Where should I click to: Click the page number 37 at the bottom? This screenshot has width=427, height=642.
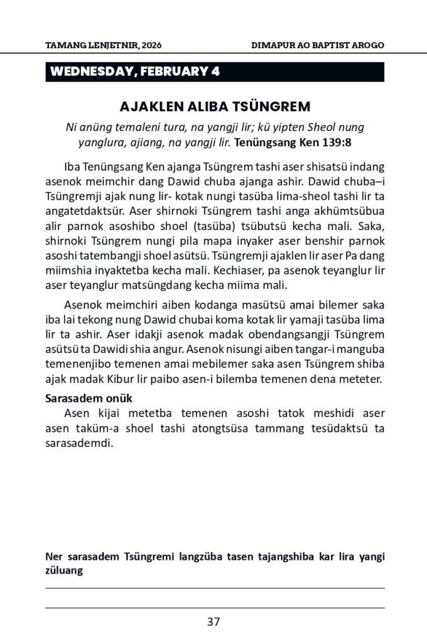tap(213, 622)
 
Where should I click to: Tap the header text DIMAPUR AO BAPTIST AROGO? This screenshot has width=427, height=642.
tap(317, 46)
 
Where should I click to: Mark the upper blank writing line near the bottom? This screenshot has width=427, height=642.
tap(213, 587)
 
